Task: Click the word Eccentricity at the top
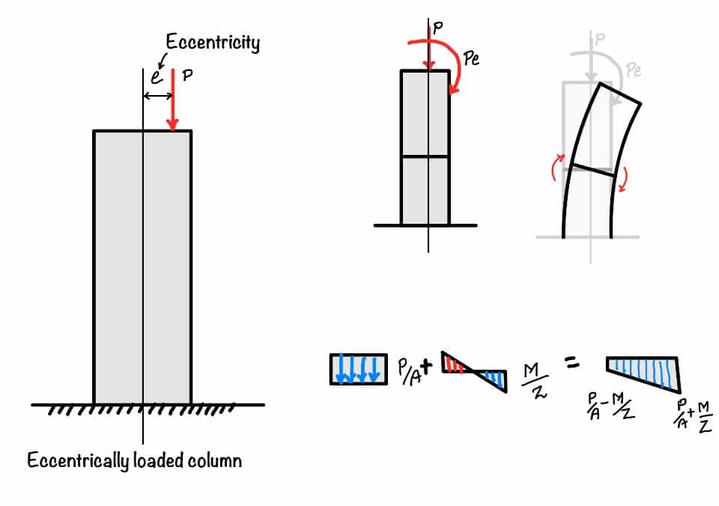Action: [213, 43]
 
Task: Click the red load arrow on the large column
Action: [173, 100]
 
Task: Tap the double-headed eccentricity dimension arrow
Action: [158, 95]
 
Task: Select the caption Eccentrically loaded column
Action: [135, 460]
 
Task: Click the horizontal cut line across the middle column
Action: [425, 156]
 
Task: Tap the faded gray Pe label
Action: [634, 70]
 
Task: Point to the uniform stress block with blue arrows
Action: [359, 369]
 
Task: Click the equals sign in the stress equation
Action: [571, 365]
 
